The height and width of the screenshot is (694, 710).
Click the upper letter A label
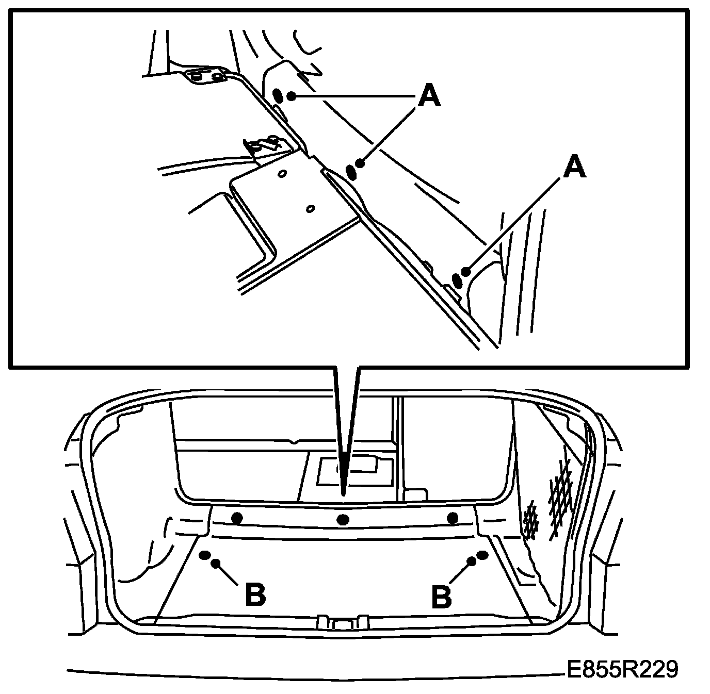[x=429, y=96]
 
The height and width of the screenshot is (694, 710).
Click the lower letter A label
[x=574, y=168]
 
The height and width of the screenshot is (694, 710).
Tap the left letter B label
[x=255, y=595]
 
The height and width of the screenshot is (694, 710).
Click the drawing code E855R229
[x=620, y=670]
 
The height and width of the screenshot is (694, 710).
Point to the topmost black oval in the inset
[x=278, y=95]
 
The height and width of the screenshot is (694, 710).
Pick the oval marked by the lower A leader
[x=457, y=279]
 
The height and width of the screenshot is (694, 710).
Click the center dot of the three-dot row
[x=343, y=519]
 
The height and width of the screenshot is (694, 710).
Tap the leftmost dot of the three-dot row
[x=237, y=518]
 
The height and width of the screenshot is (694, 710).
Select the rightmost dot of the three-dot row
[x=454, y=518]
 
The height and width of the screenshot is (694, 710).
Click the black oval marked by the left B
[x=205, y=555]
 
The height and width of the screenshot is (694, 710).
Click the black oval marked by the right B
[x=482, y=555]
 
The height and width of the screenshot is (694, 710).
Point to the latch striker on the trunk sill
[x=343, y=621]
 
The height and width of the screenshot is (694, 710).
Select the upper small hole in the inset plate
[x=282, y=174]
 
